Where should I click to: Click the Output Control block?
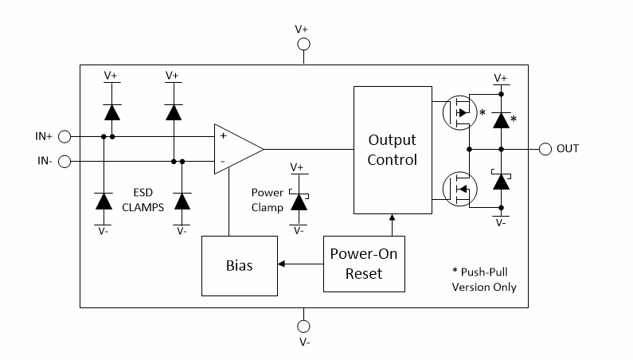tap(392, 150)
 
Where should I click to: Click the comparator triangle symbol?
tap(236, 149)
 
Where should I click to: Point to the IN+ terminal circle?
tap(64, 136)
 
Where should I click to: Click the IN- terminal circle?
tap(64, 162)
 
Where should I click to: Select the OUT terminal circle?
tap(545, 149)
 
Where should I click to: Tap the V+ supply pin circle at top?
tap(303, 45)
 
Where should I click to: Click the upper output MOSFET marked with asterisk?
tap(458, 112)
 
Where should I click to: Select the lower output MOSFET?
tap(458, 188)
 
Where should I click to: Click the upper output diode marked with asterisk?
tap(501, 119)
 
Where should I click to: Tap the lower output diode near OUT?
tap(501, 181)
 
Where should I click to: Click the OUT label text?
tap(568, 149)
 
